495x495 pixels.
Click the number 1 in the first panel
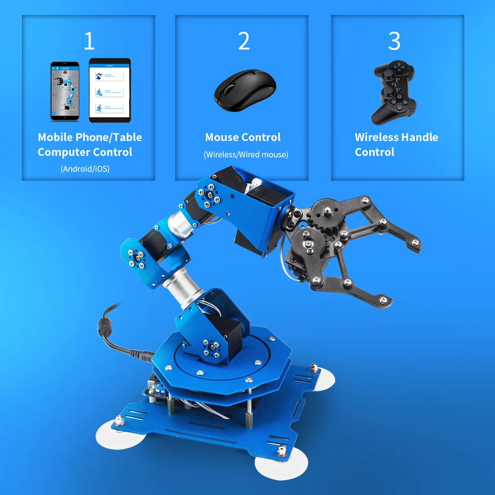click(89, 41)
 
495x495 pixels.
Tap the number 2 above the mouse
click(244, 41)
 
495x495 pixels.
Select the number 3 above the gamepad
click(394, 41)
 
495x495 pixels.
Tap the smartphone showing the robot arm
click(65, 91)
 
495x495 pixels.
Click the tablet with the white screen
click(109, 91)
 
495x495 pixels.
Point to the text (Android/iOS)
click(85, 169)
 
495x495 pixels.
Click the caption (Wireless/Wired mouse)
click(246, 154)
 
